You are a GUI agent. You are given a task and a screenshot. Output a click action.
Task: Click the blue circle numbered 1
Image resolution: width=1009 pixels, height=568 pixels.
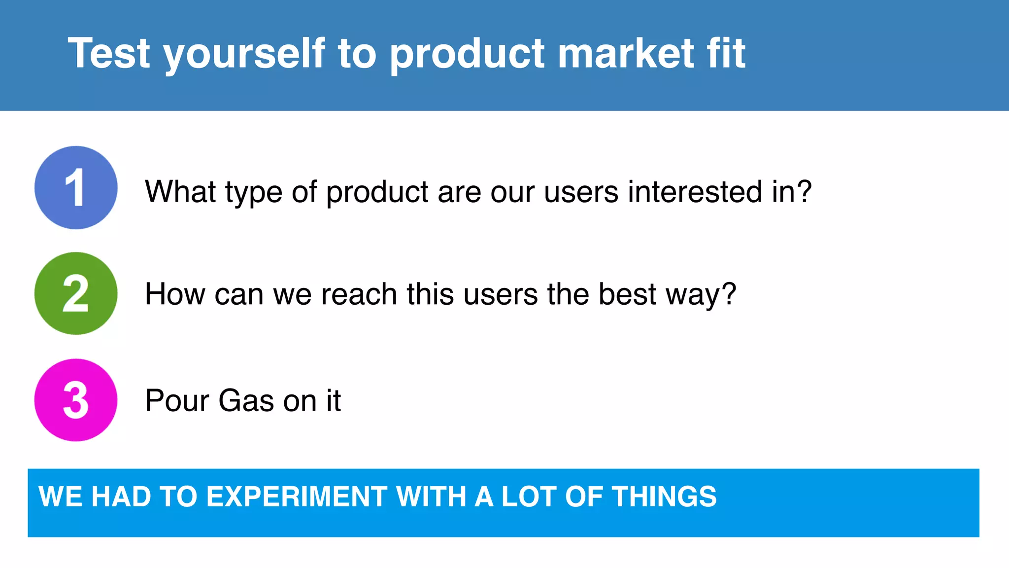tap(76, 187)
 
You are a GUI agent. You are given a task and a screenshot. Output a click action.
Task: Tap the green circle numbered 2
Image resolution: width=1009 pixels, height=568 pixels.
tap(76, 293)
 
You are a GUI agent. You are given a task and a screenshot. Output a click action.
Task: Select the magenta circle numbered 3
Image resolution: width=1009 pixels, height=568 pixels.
tap(76, 400)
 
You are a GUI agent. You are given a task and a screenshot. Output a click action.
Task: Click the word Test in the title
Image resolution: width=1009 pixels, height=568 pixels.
tap(109, 53)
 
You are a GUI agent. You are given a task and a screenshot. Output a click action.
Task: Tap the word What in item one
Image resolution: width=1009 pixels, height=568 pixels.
tap(180, 191)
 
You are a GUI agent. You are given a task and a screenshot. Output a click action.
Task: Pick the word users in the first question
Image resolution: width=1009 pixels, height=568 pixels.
tap(581, 191)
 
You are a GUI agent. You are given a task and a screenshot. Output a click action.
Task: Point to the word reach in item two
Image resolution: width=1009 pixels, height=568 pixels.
tap(359, 294)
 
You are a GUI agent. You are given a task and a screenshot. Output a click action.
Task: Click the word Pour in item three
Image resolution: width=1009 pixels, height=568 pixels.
tap(177, 400)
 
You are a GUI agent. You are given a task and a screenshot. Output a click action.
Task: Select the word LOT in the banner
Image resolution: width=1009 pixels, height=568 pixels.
tap(529, 497)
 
